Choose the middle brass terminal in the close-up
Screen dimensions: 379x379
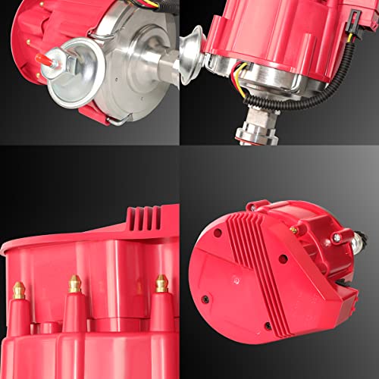[x=74, y=284]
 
